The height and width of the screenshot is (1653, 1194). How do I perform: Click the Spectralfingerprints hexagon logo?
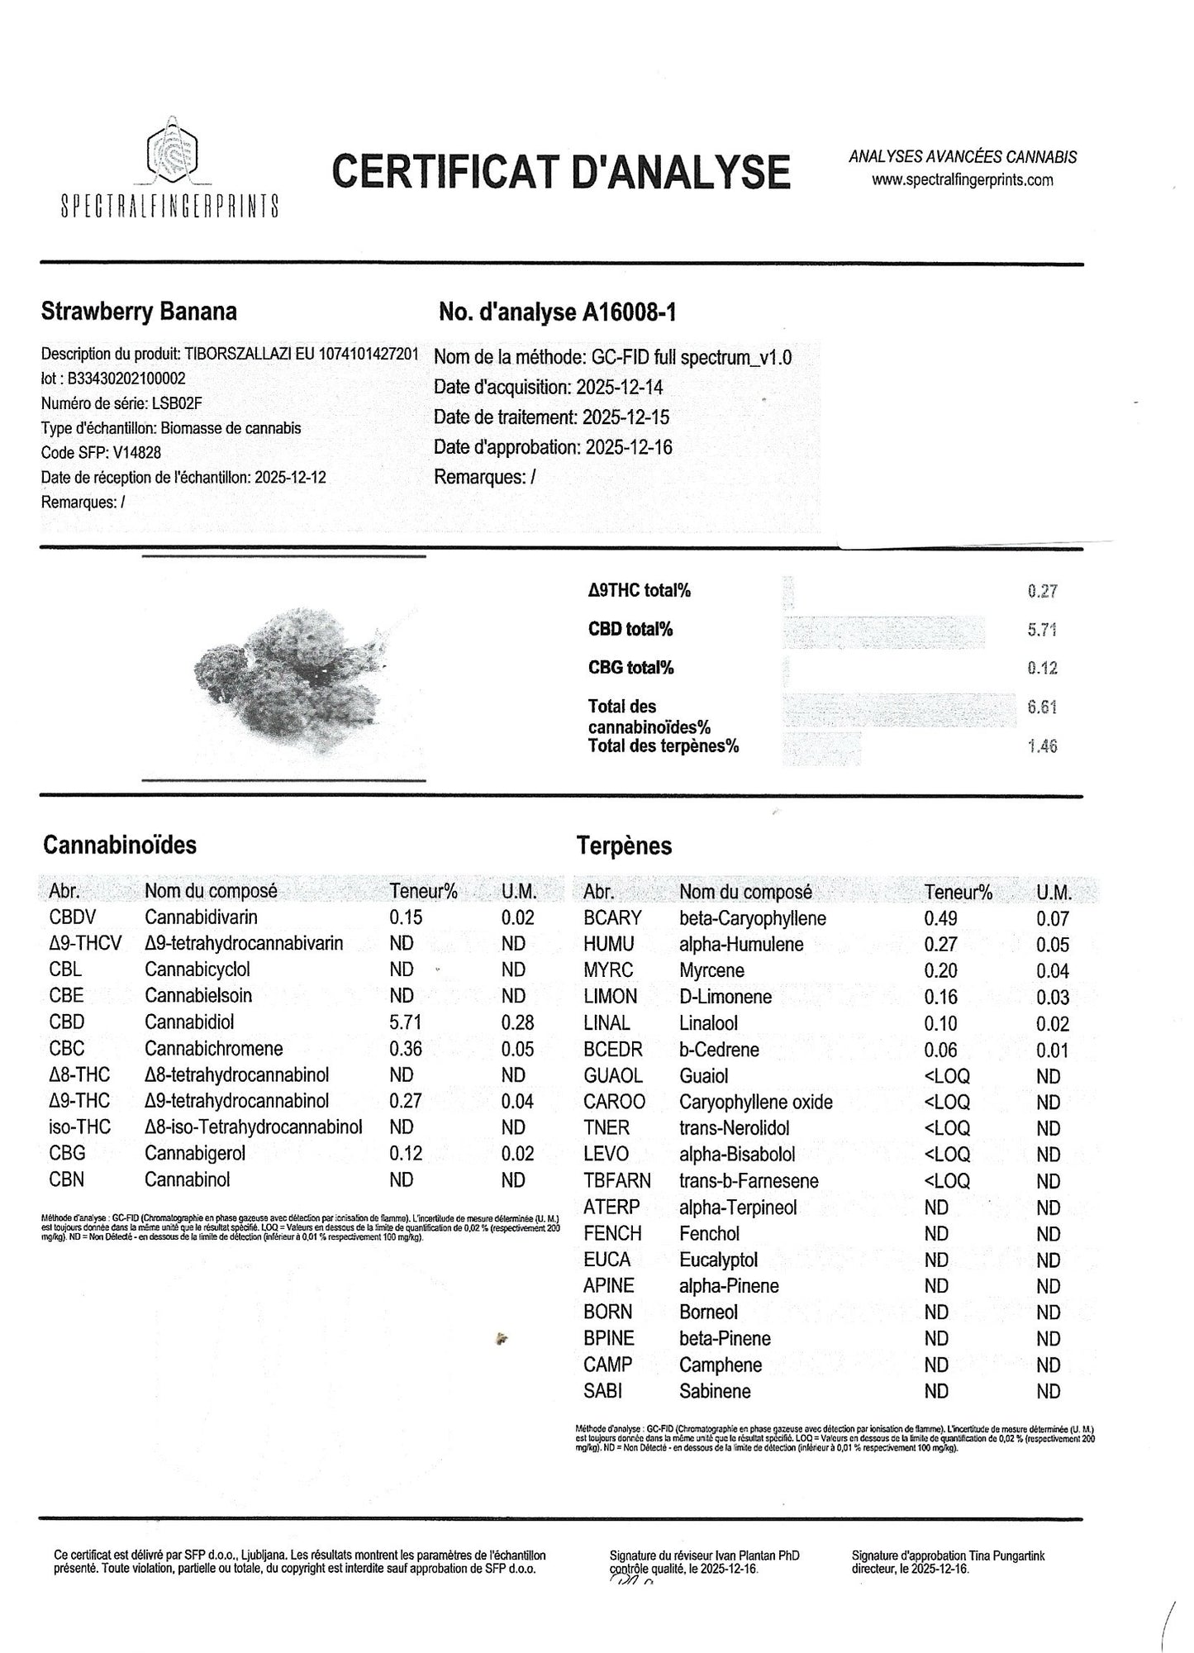pos(170,150)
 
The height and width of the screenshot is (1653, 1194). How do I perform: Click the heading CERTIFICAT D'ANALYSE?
pos(561,171)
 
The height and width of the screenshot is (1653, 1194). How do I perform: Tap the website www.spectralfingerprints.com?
pos(962,180)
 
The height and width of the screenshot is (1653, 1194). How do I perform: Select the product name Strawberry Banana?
pos(139,312)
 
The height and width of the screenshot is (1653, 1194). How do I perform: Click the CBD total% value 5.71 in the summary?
pos(1042,630)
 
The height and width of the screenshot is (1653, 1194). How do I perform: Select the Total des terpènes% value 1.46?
pos(1042,746)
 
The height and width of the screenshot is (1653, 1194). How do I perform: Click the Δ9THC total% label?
pos(639,590)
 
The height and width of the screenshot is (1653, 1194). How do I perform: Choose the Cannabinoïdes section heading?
pos(120,845)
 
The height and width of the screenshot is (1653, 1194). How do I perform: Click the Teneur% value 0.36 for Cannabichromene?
pos(406,1049)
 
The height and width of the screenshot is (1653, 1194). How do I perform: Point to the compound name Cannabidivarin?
pos(201,917)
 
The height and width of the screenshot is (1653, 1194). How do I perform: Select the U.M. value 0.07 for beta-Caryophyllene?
pos(1053,918)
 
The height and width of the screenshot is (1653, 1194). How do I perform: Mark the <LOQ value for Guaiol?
pos(947,1076)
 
